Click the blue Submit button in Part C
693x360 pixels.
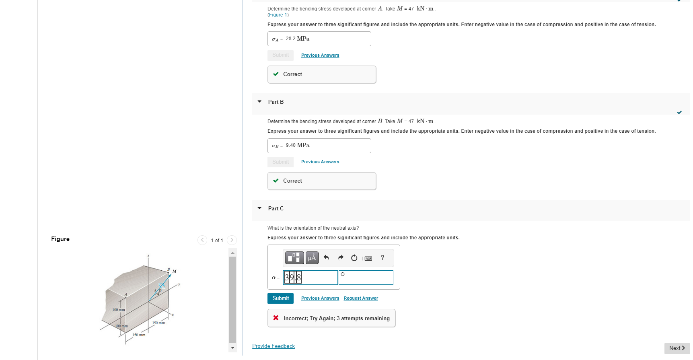pyautogui.click(x=280, y=298)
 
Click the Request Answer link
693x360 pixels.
pyautogui.click(x=361, y=298)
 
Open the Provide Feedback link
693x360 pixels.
pyautogui.click(x=273, y=346)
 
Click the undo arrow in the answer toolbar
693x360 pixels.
pyautogui.click(x=326, y=258)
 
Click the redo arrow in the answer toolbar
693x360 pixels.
pyautogui.click(x=341, y=258)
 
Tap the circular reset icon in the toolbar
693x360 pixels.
pyautogui.click(x=354, y=258)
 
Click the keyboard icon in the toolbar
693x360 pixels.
pyautogui.click(x=368, y=258)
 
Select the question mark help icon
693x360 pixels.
pyautogui.click(x=382, y=258)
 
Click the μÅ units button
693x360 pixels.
pyautogui.click(x=312, y=258)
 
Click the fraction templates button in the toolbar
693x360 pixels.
pyautogui.click(x=294, y=258)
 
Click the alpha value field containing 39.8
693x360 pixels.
pyautogui.click(x=311, y=278)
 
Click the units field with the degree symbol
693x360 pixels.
pyautogui.click(x=366, y=278)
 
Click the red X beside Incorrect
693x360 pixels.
pyautogui.click(x=276, y=318)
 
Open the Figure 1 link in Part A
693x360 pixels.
pyautogui.click(x=278, y=15)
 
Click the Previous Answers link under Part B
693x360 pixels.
pyautogui.click(x=320, y=162)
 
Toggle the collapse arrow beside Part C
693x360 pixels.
pyautogui.click(x=259, y=208)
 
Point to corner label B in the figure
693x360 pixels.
pyautogui.click(x=169, y=269)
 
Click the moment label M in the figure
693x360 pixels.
pyautogui.click(x=175, y=272)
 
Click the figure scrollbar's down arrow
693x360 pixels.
pyautogui.click(x=232, y=348)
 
